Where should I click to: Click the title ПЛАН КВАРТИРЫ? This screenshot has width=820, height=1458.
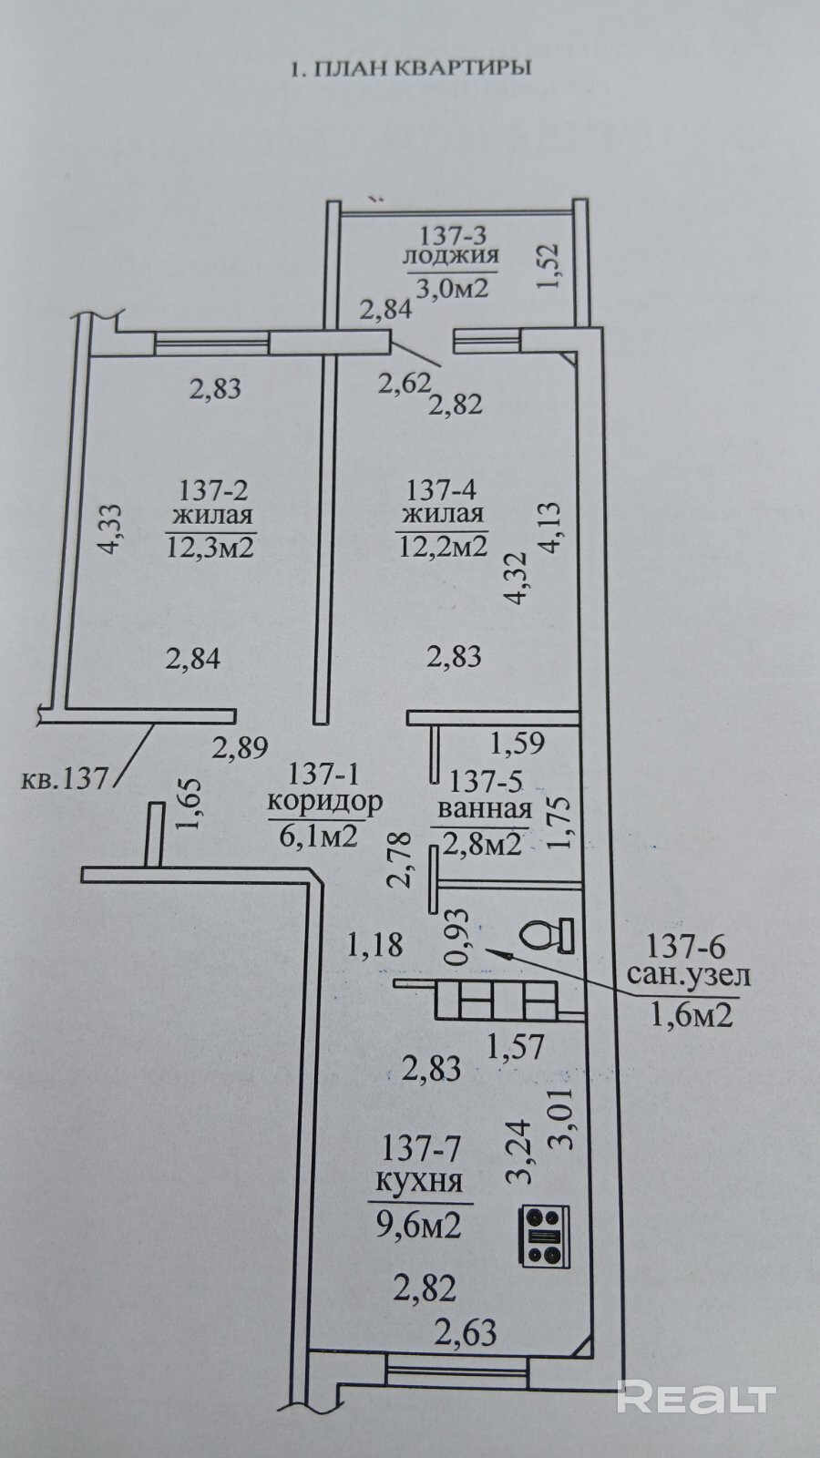pyautogui.click(x=409, y=68)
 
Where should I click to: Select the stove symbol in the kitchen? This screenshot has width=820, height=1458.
pyautogui.click(x=544, y=1236)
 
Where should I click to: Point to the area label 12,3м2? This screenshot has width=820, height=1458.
pyautogui.click(x=210, y=547)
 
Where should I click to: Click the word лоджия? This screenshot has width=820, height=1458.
pyautogui.click(x=451, y=258)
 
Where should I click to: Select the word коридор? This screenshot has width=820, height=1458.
pyautogui.click(x=323, y=802)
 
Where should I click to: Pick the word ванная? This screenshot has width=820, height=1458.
pyautogui.click(x=485, y=809)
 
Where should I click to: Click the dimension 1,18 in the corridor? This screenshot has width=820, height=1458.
pyautogui.click(x=374, y=945)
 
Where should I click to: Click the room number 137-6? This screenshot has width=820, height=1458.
pyautogui.click(x=688, y=945)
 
